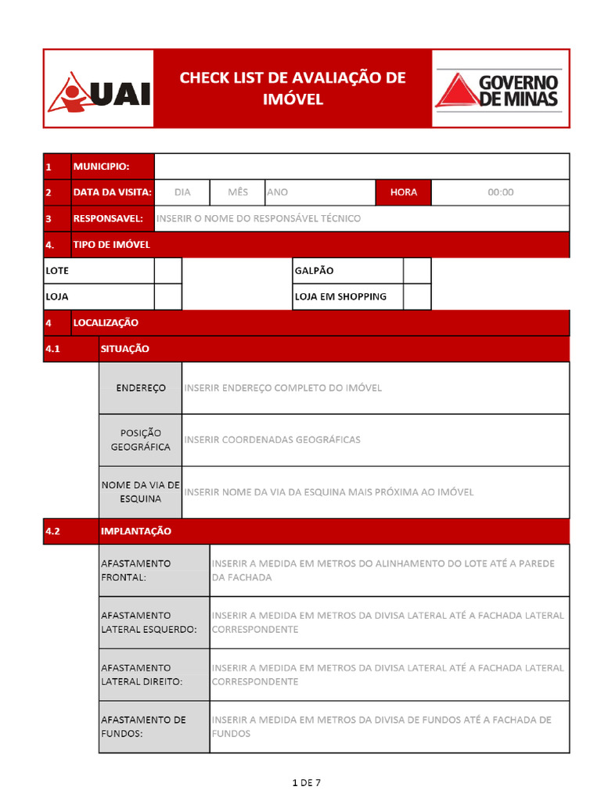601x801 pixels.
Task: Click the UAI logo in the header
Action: [99, 89]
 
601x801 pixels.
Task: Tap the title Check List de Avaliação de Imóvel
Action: [293, 88]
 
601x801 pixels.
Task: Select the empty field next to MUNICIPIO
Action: [362, 167]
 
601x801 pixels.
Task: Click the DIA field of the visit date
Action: [182, 192]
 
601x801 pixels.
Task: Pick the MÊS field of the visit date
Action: [238, 192]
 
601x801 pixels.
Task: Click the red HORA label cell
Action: [404, 192]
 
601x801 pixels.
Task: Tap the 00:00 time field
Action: [500, 192]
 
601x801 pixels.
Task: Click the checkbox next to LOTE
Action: [167, 271]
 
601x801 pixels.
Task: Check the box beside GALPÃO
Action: [417, 271]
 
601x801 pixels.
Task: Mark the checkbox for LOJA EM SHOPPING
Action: [417, 296]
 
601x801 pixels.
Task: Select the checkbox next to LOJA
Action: [167, 296]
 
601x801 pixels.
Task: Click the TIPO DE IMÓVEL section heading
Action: [112, 245]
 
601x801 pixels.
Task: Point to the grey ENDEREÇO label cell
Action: [141, 388]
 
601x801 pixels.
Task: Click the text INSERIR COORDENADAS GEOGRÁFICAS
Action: [272, 440]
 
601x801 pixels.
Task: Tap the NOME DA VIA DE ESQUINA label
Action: [141, 492]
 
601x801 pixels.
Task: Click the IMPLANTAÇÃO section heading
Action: [136, 531]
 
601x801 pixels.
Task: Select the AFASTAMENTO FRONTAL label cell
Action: [154, 570]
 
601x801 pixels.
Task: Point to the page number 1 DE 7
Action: [306, 782]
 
